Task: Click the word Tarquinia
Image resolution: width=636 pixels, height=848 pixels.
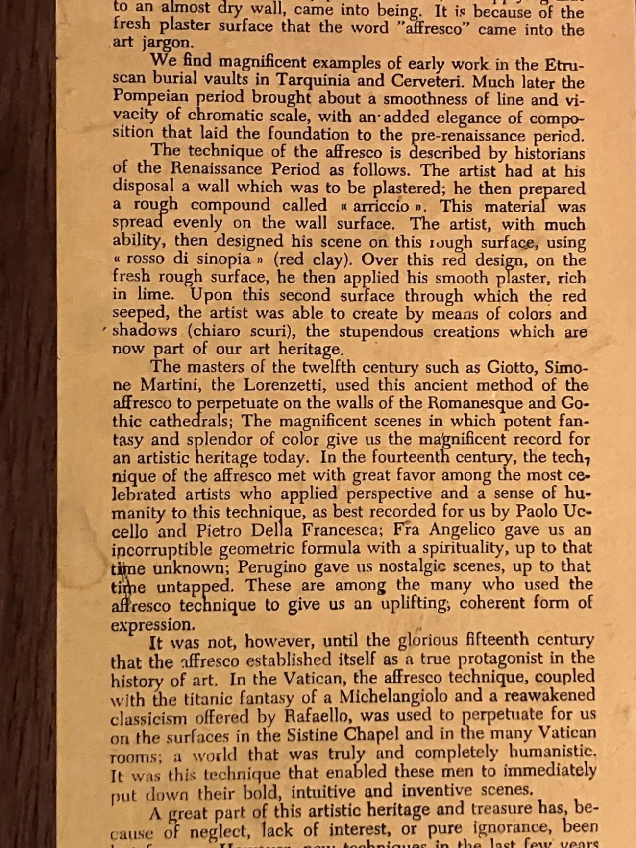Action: point(313,80)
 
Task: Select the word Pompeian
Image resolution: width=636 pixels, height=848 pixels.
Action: point(150,96)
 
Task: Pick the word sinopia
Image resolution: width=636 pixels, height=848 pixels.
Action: point(223,259)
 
